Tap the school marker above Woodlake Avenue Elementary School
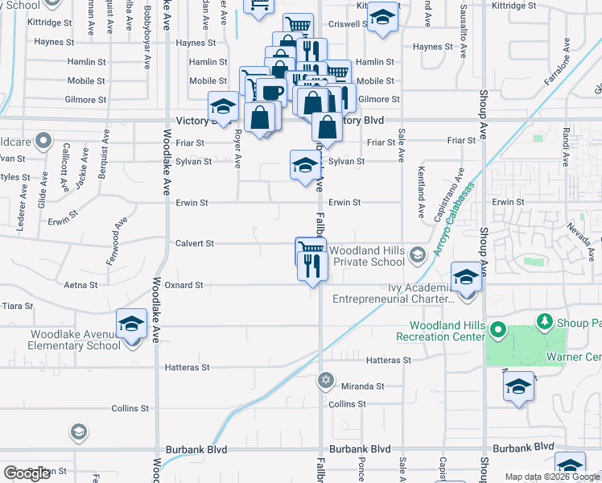tap(131, 324)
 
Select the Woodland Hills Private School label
tap(367, 256)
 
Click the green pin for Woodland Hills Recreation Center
tap(497, 330)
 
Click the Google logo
tap(27, 473)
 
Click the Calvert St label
tap(195, 243)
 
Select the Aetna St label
tap(80, 285)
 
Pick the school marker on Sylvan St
tap(304, 166)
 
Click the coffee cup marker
tap(272, 92)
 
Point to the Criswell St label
tap(348, 24)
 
